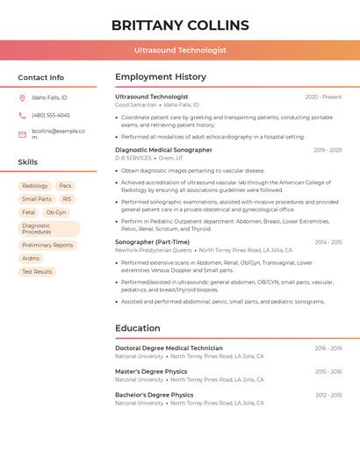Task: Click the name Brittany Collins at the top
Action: coord(180,25)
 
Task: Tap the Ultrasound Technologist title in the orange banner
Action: coord(180,50)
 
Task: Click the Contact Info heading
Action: coord(41,77)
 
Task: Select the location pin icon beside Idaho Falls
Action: coord(22,97)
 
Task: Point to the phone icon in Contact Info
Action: coord(22,115)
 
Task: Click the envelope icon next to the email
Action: coord(22,134)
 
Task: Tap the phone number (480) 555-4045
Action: coord(51,115)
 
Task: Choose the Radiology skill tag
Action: coord(35,186)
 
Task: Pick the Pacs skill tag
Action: coord(66,186)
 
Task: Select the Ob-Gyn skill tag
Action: coord(55,212)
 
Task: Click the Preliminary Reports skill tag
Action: coord(47,245)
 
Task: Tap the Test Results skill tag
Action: coord(37,271)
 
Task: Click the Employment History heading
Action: coord(161,77)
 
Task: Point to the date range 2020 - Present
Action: coord(323,97)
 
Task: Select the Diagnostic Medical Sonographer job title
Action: coord(163,150)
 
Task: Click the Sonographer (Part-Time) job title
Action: coord(152,242)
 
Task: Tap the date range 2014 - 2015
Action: coord(328,242)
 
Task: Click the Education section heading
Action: coord(138,328)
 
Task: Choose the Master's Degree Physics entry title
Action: coord(151,371)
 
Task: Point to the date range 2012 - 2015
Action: coord(328,395)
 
